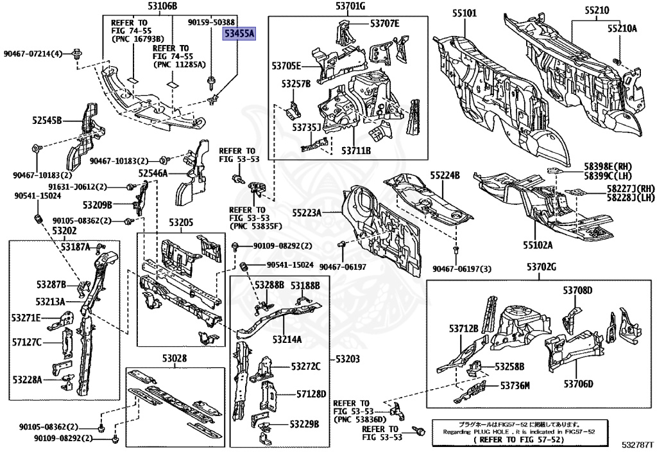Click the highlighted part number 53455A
click(x=239, y=34)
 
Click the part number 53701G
click(x=350, y=6)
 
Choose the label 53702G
click(x=536, y=267)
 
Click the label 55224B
click(x=445, y=175)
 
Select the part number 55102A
click(x=537, y=244)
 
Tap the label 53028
click(x=174, y=358)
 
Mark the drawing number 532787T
click(x=636, y=444)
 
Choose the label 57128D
click(x=311, y=394)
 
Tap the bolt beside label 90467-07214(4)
click(x=77, y=54)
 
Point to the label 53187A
click(x=76, y=247)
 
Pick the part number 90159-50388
click(x=212, y=22)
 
